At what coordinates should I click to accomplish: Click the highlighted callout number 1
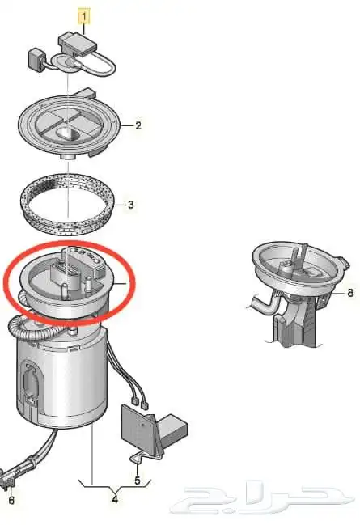[84, 17]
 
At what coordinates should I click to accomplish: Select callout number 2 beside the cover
[138, 126]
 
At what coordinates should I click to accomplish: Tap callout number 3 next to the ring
[130, 205]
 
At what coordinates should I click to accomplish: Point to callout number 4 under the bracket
[115, 500]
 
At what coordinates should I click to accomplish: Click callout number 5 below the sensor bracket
[138, 481]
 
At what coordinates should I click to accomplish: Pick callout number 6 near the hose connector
[11, 501]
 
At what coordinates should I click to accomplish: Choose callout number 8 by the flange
[350, 293]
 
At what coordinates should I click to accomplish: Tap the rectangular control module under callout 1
[78, 42]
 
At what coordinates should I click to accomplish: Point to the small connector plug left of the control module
[36, 59]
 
